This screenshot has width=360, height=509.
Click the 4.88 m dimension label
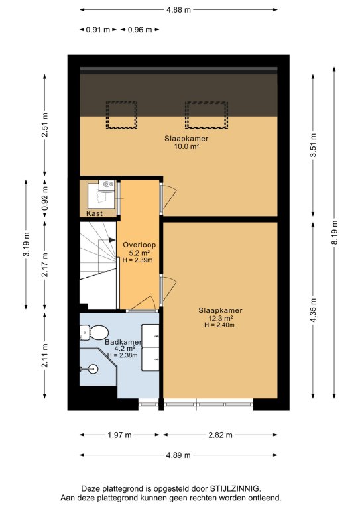coord(178,10)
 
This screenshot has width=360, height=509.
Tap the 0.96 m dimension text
coord(140,30)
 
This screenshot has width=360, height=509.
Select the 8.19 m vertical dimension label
coord(335,233)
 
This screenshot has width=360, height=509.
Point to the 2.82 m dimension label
coord(220,435)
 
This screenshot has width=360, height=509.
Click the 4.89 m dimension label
coord(178,455)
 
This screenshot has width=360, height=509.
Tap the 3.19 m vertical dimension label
coord(27,244)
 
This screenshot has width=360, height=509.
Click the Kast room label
coord(94,213)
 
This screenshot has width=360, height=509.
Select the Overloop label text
coord(139,245)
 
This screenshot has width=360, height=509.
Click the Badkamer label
coord(123,342)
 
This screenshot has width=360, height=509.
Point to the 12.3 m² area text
coord(220,318)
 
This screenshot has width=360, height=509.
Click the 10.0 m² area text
coord(187,146)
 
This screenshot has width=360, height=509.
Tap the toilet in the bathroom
coord(94,333)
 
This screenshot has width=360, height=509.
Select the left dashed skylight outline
coord(121,115)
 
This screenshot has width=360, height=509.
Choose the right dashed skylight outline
coord(206,115)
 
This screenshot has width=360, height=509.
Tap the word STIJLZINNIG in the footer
coord(235,489)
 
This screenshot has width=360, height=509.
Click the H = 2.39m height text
coord(138,260)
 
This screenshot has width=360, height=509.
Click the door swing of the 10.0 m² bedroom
coord(169,197)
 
